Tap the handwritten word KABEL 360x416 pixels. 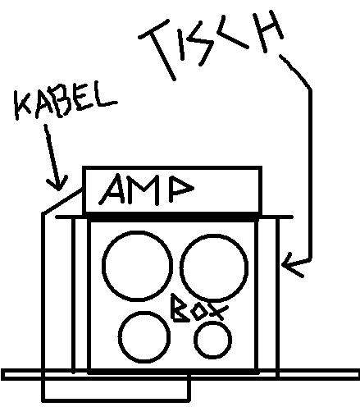tap(66, 103)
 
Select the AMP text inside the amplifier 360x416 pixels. tap(146, 190)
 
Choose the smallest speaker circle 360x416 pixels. tap(194, 339)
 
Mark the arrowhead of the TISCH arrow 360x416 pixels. tap(282, 264)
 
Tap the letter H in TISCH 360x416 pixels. tap(269, 31)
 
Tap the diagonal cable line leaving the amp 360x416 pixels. tap(62, 201)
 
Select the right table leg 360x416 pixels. tap(277, 298)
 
